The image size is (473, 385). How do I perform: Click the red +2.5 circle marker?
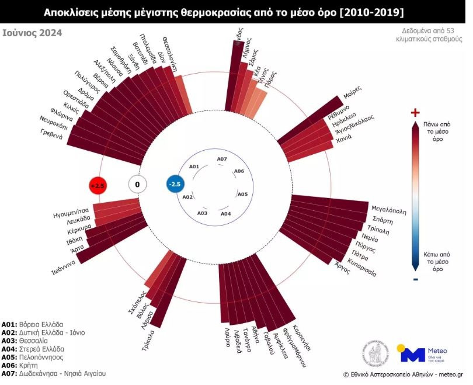[97, 185]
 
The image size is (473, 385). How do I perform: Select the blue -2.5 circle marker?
[175, 185]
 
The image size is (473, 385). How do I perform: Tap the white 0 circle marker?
[137, 185]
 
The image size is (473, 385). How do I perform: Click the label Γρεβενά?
[51, 133]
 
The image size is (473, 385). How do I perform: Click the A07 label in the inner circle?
[222, 159]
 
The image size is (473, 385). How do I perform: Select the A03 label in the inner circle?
[202, 213]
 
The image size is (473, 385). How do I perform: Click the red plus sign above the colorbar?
[415, 112]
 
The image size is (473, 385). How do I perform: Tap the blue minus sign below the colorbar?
[415, 280]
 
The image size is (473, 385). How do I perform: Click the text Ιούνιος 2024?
[32, 33]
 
